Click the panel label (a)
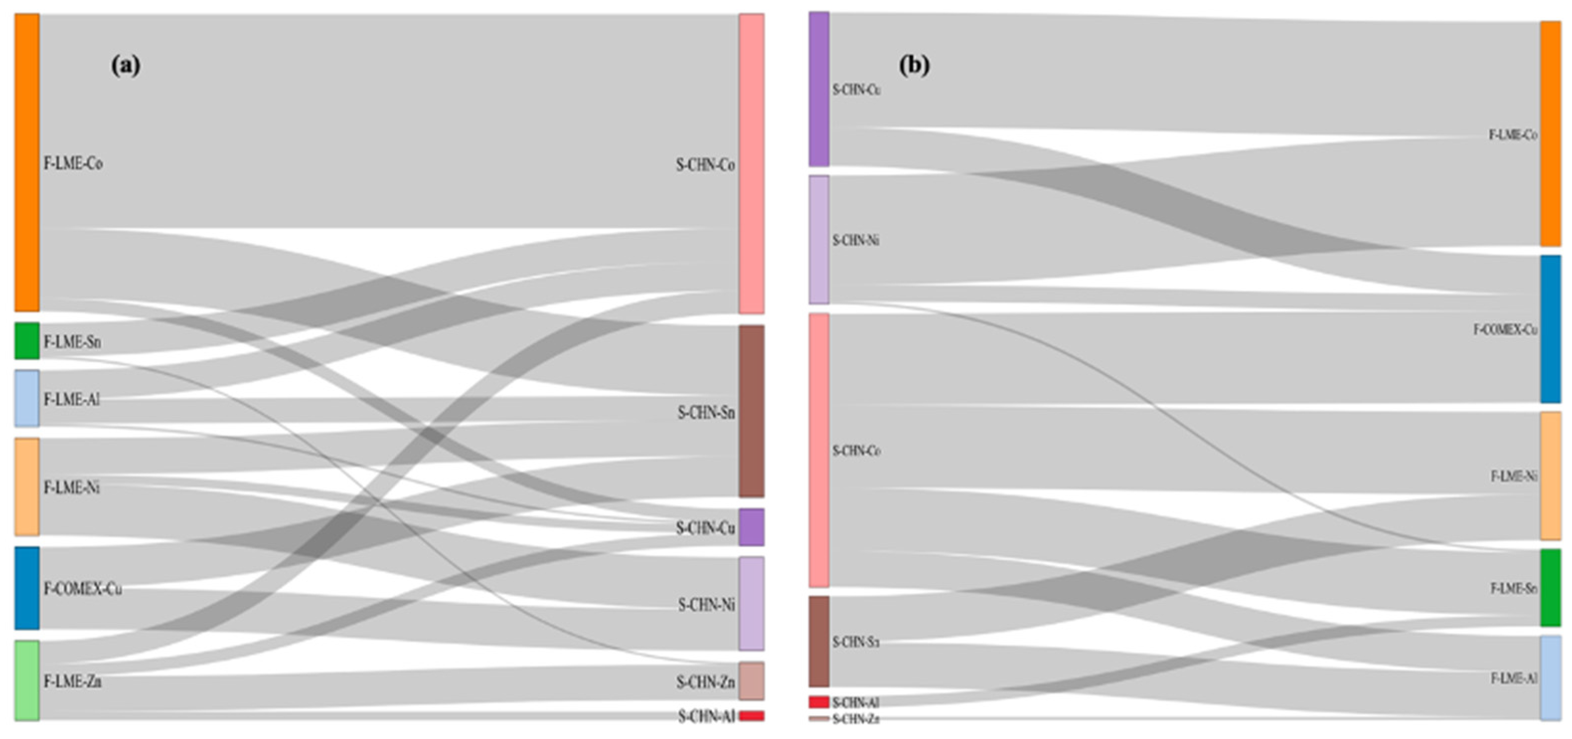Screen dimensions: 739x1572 coord(126,65)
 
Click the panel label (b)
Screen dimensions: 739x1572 coord(914,65)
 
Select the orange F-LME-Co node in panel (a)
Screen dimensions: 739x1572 coord(27,162)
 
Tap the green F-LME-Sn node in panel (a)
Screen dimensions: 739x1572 coord(27,341)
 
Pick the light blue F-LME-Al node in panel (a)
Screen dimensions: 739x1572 coord(27,398)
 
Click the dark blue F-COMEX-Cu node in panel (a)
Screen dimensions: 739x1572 coord(27,588)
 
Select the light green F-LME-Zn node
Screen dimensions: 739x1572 coord(27,680)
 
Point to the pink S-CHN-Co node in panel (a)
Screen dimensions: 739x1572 coord(751,163)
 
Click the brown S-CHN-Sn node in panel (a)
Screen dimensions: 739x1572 coord(751,411)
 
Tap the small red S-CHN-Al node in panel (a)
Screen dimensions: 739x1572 coord(751,716)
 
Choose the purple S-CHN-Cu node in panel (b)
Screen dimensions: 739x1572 coord(819,88)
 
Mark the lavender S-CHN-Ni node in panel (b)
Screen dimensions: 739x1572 coord(819,239)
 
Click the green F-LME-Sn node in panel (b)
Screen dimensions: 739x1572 coord(1550,588)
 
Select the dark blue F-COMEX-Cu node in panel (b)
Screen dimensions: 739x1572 coord(1550,329)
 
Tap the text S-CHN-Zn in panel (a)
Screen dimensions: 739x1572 coord(705,681)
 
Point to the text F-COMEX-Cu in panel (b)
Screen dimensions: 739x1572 coord(1505,330)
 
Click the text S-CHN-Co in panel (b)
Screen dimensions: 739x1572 coord(856,451)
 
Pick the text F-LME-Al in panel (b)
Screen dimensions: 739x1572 coord(1513,678)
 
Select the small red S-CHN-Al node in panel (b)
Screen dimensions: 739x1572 coord(819,702)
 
